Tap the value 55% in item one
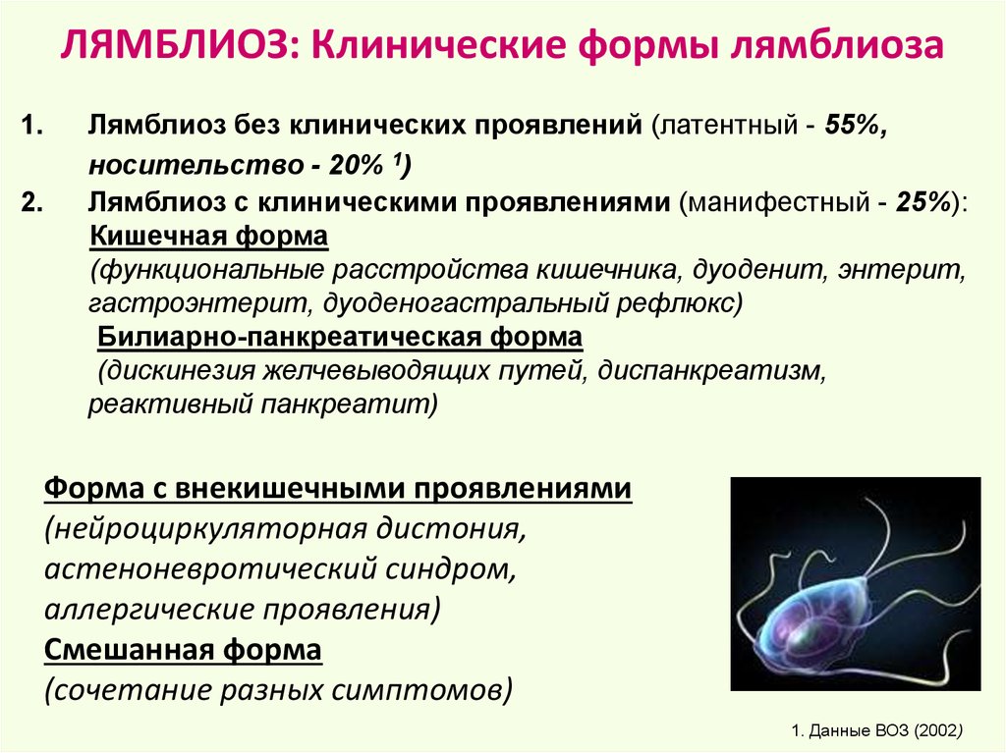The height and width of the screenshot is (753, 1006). tap(852, 125)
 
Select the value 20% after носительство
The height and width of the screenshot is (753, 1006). tap(356, 166)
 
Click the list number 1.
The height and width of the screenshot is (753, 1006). tap(32, 125)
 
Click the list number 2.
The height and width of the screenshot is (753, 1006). tap(32, 202)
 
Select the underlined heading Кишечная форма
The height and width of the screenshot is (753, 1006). tap(209, 236)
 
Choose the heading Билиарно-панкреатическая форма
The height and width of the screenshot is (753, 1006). tap(340, 337)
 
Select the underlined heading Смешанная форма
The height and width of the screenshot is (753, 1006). tap(183, 650)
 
